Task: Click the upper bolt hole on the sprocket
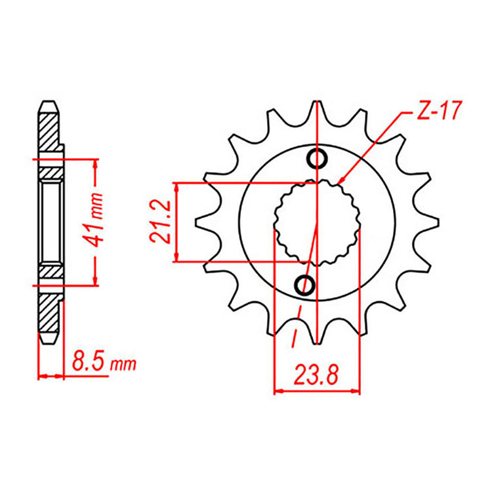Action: (x=318, y=158)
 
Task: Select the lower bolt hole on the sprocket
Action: (x=304, y=285)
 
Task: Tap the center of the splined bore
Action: (x=317, y=222)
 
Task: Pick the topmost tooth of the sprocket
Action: (x=318, y=112)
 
